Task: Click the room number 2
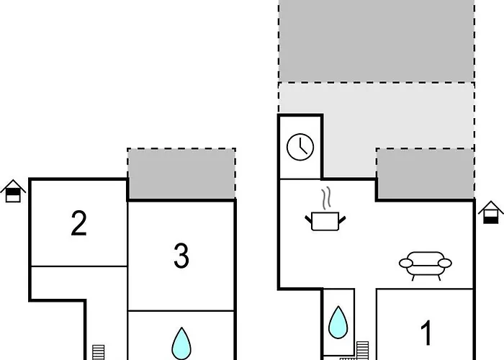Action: [x=78, y=223]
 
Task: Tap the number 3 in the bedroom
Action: [x=181, y=256]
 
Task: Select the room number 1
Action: [x=426, y=333]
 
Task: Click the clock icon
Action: [x=300, y=147]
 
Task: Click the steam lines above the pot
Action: [x=326, y=198]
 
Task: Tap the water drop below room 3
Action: [x=181, y=343]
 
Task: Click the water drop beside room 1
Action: [x=338, y=323]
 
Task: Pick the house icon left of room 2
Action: [x=13, y=191]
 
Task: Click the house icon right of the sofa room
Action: [x=490, y=212]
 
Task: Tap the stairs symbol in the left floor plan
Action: [x=99, y=352]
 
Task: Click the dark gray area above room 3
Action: [x=181, y=174]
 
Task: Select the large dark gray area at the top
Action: [x=377, y=41]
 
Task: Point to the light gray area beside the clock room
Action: [x=377, y=122]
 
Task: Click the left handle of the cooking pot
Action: [x=308, y=220]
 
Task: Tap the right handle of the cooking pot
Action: [x=342, y=220]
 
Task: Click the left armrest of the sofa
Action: [x=405, y=264]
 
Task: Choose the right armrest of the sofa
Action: [x=445, y=264]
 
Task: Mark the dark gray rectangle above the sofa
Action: [x=426, y=174]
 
